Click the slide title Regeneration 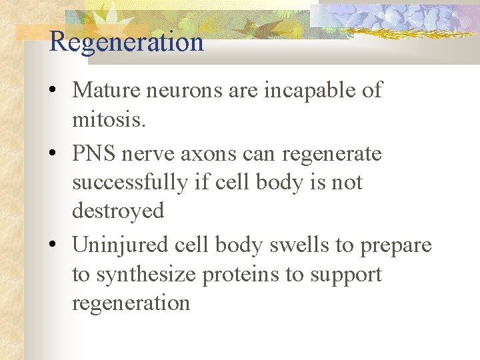coord(126,42)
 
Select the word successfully coord(130,183)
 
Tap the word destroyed coord(118,211)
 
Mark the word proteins coord(240,275)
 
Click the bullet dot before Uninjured coord(53,246)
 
